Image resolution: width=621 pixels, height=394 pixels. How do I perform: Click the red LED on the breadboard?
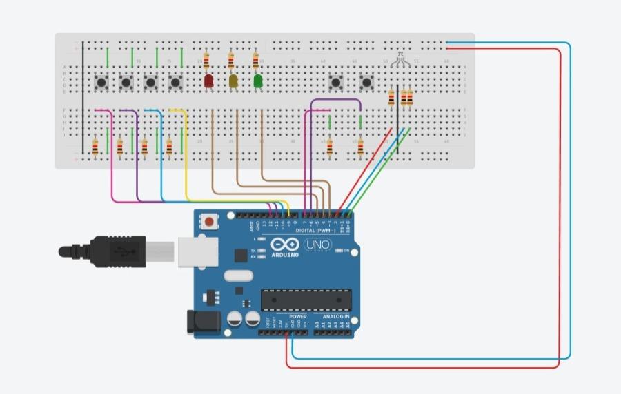coord(209,81)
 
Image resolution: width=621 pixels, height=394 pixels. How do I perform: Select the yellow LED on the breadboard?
coord(233,81)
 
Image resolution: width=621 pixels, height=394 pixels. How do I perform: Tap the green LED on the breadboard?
coord(258,81)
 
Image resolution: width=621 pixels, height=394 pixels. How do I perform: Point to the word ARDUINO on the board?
coord(285,255)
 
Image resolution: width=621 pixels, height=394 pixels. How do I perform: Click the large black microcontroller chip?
coord(306,300)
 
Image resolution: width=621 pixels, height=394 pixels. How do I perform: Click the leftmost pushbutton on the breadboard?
coord(101,83)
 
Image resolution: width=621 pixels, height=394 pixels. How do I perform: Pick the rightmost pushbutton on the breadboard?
coord(367,83)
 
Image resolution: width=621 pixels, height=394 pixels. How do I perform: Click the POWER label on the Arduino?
coord(288,317)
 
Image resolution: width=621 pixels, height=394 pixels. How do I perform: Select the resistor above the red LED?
coord(207,61)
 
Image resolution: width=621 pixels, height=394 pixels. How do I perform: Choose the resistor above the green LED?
coord(256,61)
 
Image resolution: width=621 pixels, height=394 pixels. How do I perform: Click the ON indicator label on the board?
coord(346,251)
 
